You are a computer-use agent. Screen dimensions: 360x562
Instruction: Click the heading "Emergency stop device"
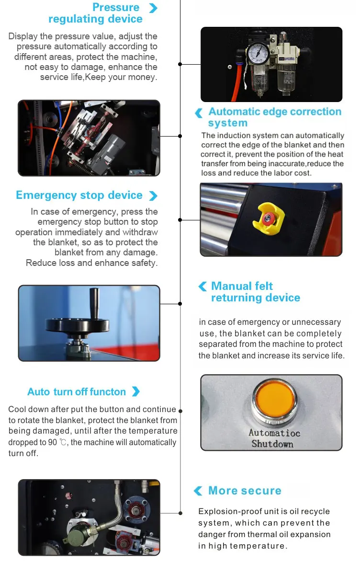(x=79, y=195)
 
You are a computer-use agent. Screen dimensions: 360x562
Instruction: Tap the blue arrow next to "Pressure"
(x=153, y=8)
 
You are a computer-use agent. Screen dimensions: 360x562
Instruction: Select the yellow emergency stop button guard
(x=268, y=218)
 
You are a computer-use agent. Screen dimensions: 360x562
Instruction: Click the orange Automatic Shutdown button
(x=275, y=399)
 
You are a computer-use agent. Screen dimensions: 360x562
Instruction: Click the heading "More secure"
(x=245, y=490)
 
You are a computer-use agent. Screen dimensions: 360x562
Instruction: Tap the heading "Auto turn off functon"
(x=77, y=391)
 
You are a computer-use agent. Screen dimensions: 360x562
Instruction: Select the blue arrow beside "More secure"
(x=198, y=491)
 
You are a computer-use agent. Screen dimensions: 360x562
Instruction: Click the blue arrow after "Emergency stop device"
(x=153, y=195)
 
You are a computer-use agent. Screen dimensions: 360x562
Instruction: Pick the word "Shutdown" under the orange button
(x=272, y=444)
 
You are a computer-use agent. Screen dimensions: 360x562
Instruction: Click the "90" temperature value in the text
(x=52, y=442)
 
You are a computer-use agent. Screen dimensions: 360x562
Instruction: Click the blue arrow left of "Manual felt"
(x=202, y=286)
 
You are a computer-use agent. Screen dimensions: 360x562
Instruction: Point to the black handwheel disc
(x=78, y=325)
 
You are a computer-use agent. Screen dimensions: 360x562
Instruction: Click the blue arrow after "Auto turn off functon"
(x=136, y=391)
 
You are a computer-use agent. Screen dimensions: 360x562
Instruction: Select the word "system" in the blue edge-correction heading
(x=228, y=123)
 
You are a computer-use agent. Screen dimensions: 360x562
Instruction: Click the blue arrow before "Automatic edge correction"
(x=199, y=113)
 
